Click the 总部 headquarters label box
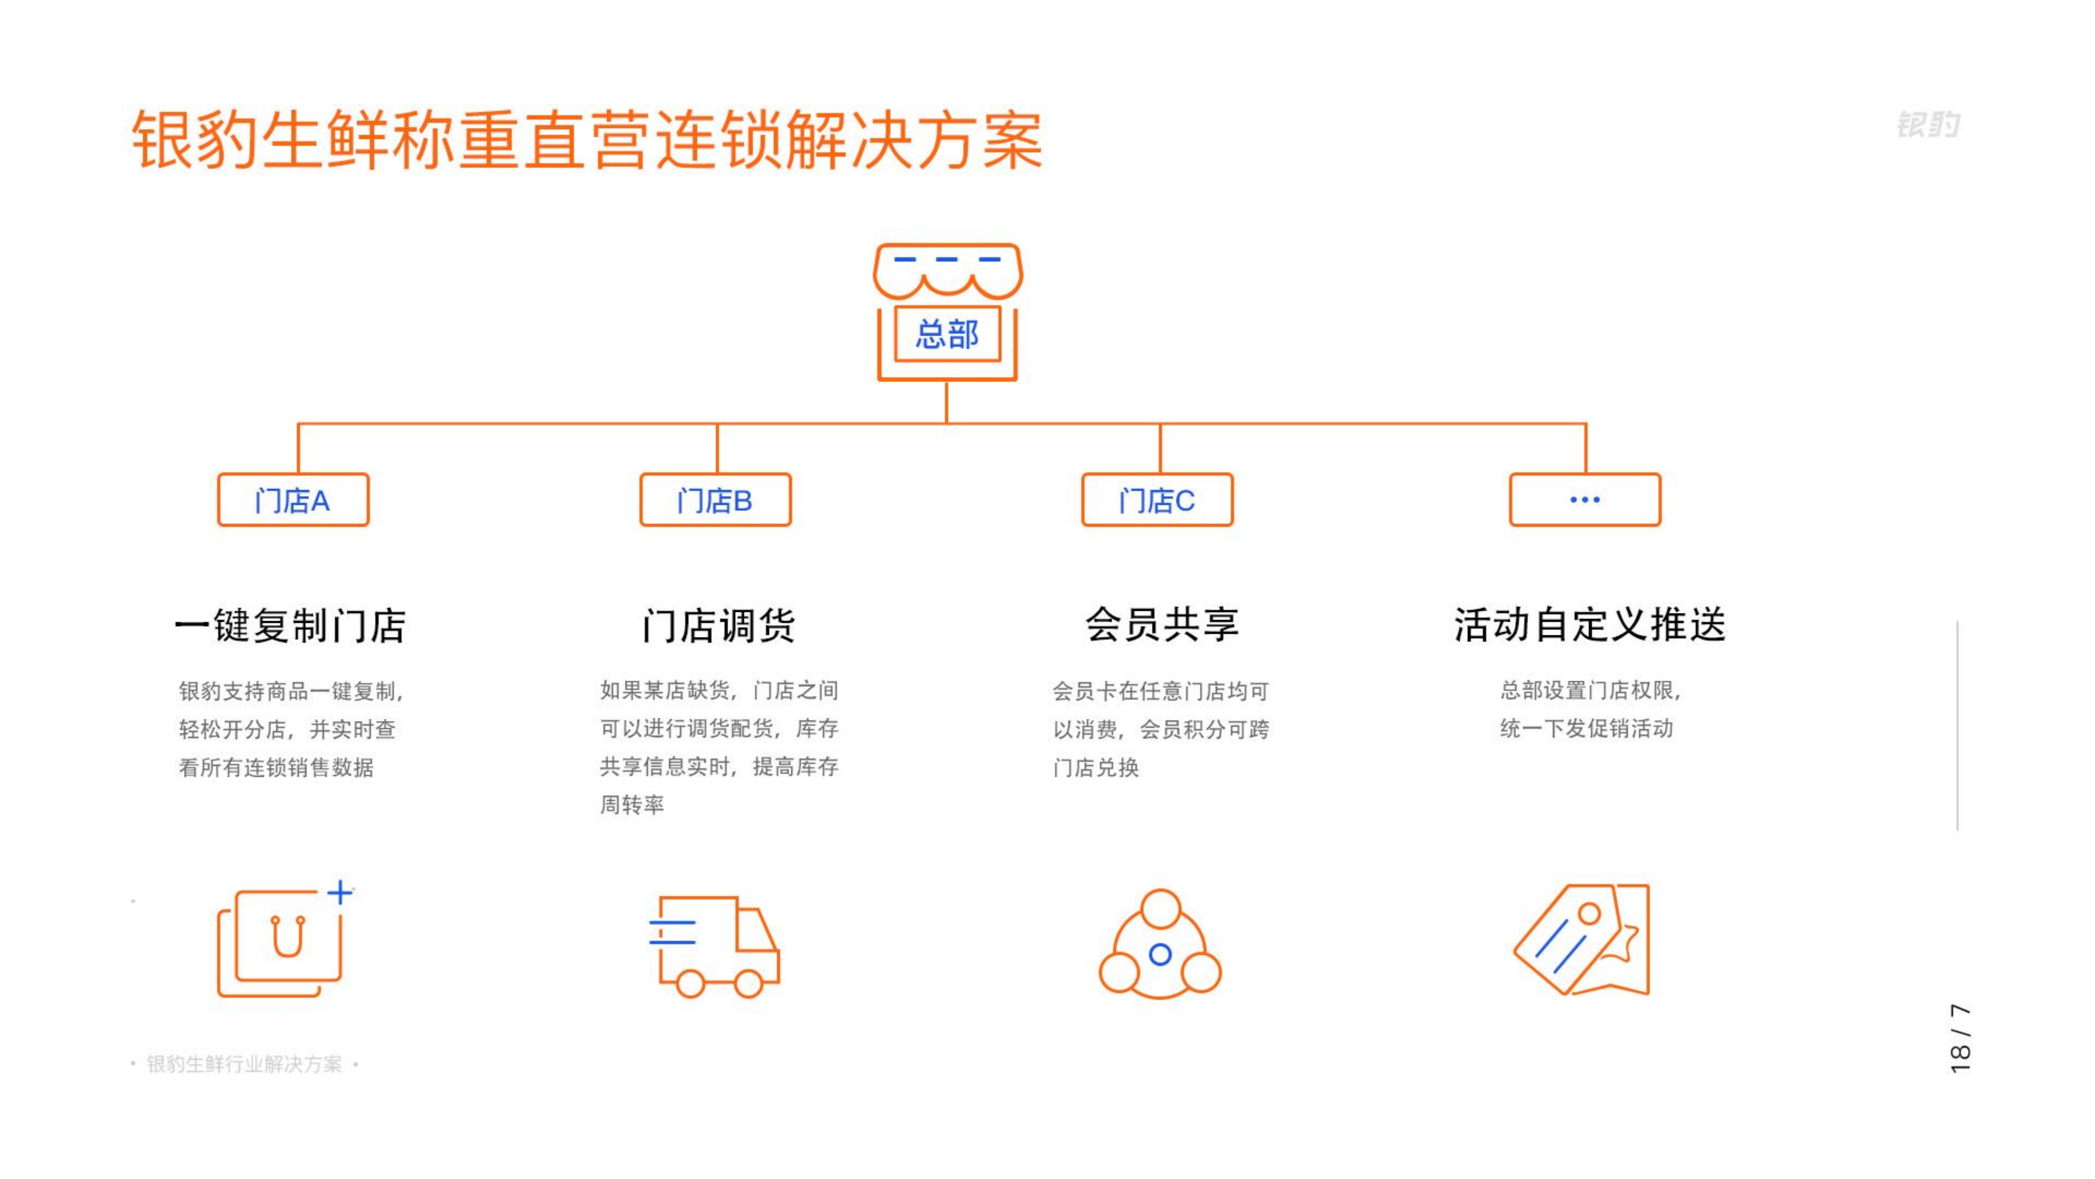(948, 334)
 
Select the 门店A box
(293, 499)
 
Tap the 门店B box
(716, 499)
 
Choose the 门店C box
(1157, 499)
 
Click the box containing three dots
(1585, 499)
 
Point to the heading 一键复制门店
(290, 626)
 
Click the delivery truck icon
(716, 947)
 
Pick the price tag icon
(1582, 940)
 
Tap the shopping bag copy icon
(280, 942)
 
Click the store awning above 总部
(948, 271)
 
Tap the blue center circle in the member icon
(1160, 955)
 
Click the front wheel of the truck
(748, 984)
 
